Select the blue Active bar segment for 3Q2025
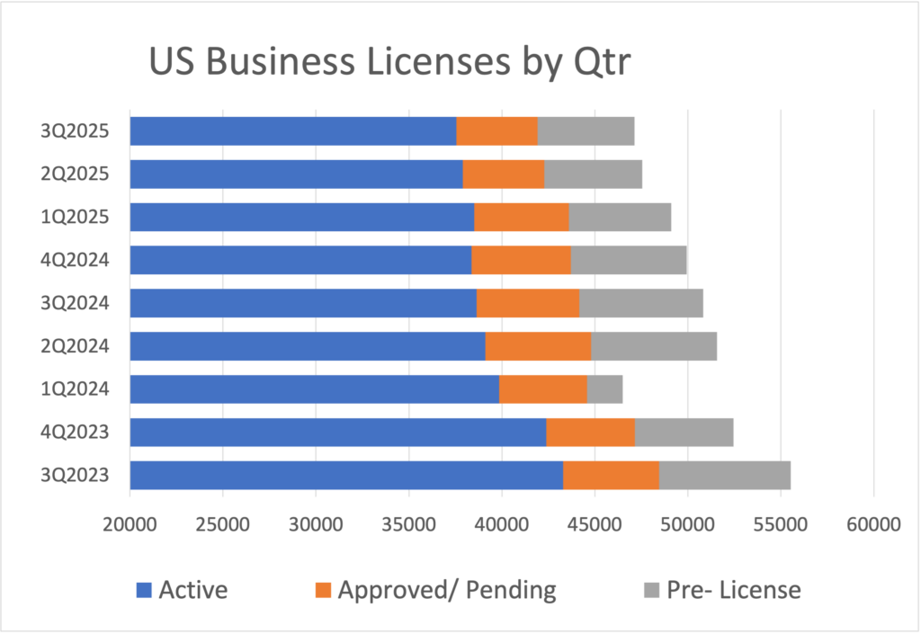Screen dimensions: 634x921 [292, 131]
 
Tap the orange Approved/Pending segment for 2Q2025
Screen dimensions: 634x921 [504, 174]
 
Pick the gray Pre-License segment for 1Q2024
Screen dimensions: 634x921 [604, 389]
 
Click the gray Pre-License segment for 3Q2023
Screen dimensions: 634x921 [725, 476]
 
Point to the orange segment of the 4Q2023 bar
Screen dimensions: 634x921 [590, 433]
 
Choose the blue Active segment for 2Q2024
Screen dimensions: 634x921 [308, 346]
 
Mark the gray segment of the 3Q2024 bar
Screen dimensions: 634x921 [640, 303]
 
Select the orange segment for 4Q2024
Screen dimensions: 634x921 [521, 260]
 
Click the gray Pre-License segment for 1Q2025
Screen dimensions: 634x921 [620, 217]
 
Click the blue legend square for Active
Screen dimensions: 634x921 [145, 591]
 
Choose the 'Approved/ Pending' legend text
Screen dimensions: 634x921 [446, 591]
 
